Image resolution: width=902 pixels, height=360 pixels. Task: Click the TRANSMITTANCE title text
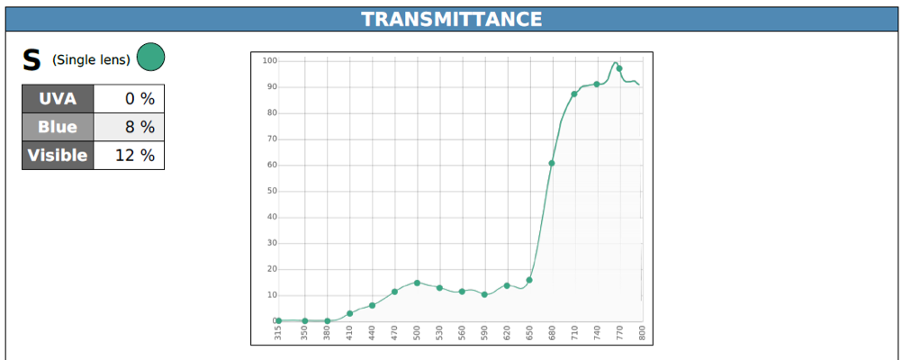[x=451, y=19]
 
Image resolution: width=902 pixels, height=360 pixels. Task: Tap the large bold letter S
[x=32, y=60]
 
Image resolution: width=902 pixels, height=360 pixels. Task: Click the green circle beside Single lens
[x=150, y=58]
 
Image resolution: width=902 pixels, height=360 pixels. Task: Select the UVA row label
[x=58, y=99]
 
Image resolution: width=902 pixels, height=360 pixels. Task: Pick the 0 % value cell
[x=128, y=99]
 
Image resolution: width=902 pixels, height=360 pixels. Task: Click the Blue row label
[x=58, y=127]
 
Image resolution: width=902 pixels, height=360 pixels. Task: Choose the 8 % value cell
[x=128, y=127]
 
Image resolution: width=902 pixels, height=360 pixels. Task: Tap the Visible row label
[x=58, y=156]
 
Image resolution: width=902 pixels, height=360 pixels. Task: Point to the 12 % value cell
[x=128, y=156]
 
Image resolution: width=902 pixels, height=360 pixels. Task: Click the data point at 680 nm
[x=552, y=163]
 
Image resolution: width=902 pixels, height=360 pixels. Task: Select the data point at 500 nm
[x=417, y=283]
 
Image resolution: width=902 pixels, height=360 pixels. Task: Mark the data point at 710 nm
[x=574, y=94]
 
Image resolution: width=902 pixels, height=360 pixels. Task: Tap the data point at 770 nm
[x=619, y=68]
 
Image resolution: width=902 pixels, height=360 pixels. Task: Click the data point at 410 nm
[x=350, y=313]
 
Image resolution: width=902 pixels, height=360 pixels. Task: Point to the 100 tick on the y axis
[x=269, y=60]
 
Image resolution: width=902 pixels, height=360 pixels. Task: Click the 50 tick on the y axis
[x=269, y=191]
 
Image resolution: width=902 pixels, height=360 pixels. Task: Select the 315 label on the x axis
[x=278, y=333]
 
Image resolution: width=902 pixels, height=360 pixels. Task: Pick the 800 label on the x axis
[x=642, y=333]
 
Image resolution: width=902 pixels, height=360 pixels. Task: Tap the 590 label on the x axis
[x=484, y=333]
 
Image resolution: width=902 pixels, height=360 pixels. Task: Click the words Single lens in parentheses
[x=91, y=60]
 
